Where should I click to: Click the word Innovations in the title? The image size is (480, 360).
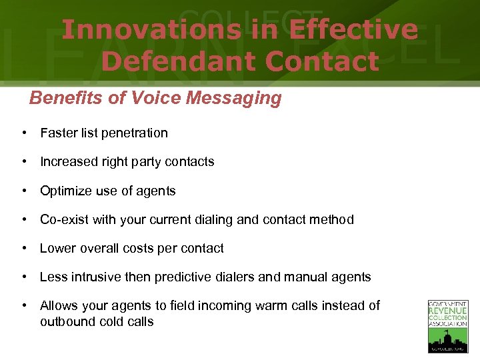click(x=150, y=30)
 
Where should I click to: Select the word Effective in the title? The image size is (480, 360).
click(x=354, y=30)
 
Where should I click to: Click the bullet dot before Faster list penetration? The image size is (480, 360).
click(x=24, y=133)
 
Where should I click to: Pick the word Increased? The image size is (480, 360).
click(x=69, y=162)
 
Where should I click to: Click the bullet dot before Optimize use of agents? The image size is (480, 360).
click(x=24, y=191)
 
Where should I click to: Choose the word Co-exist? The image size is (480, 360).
click(x=65, y=220)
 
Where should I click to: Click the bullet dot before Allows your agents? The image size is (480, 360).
click(x=24, y=306)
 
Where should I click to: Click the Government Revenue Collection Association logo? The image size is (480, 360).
click(x=447, y=326)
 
